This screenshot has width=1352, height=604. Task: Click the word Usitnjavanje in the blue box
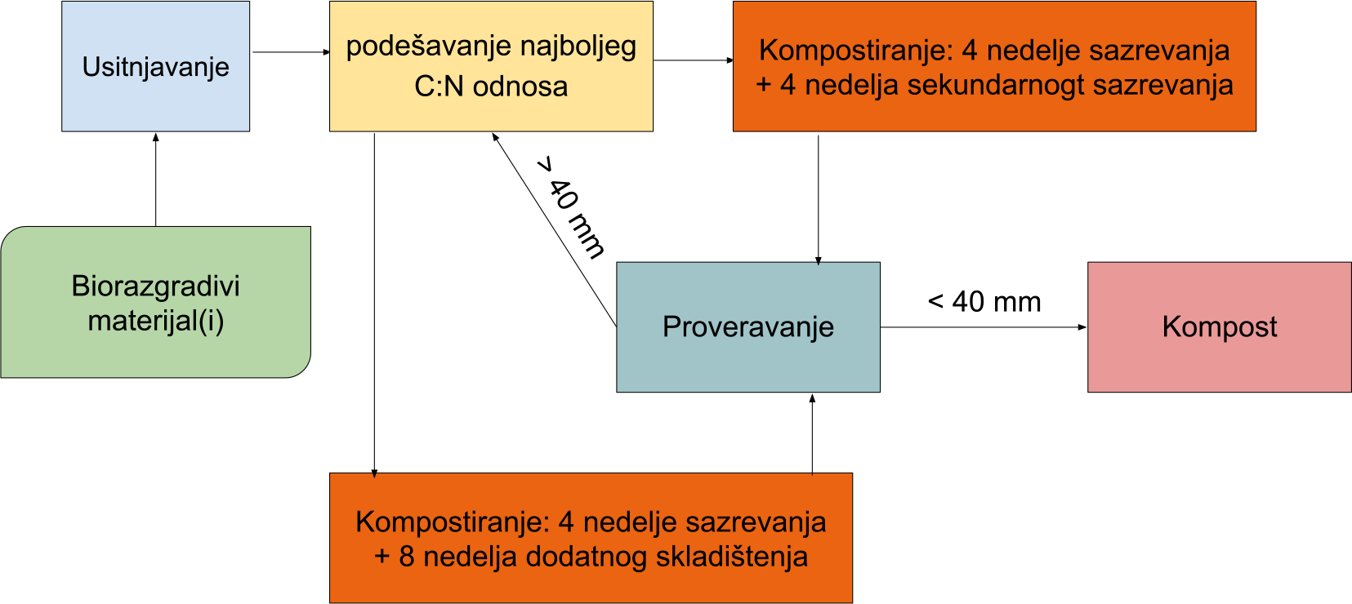[x=156, y=68]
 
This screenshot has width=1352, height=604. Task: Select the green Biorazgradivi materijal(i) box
[x=156, y=302]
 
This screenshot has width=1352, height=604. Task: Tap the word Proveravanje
[x=747, y=327]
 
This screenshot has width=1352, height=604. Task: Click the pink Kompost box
[x=1219, y=326]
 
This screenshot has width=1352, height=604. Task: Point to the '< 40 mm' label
[x=984, y=301]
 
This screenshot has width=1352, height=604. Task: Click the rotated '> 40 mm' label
[x=570, y=208]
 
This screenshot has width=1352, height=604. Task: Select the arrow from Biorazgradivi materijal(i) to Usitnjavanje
[x=156, y=180]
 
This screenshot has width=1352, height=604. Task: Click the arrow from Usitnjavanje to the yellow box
[x=292, y=52]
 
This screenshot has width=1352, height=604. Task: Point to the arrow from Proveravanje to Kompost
[x=984, y=327]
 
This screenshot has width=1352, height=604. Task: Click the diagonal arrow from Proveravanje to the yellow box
[x=554, y=229]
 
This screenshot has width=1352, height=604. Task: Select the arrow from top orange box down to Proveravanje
[x=819, y=200]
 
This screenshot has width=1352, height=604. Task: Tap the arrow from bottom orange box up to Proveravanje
[x=812, y=434]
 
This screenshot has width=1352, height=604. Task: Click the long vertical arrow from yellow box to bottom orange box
[x=374, y=305]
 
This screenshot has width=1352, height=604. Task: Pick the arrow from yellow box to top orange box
[x=694, y=60]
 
